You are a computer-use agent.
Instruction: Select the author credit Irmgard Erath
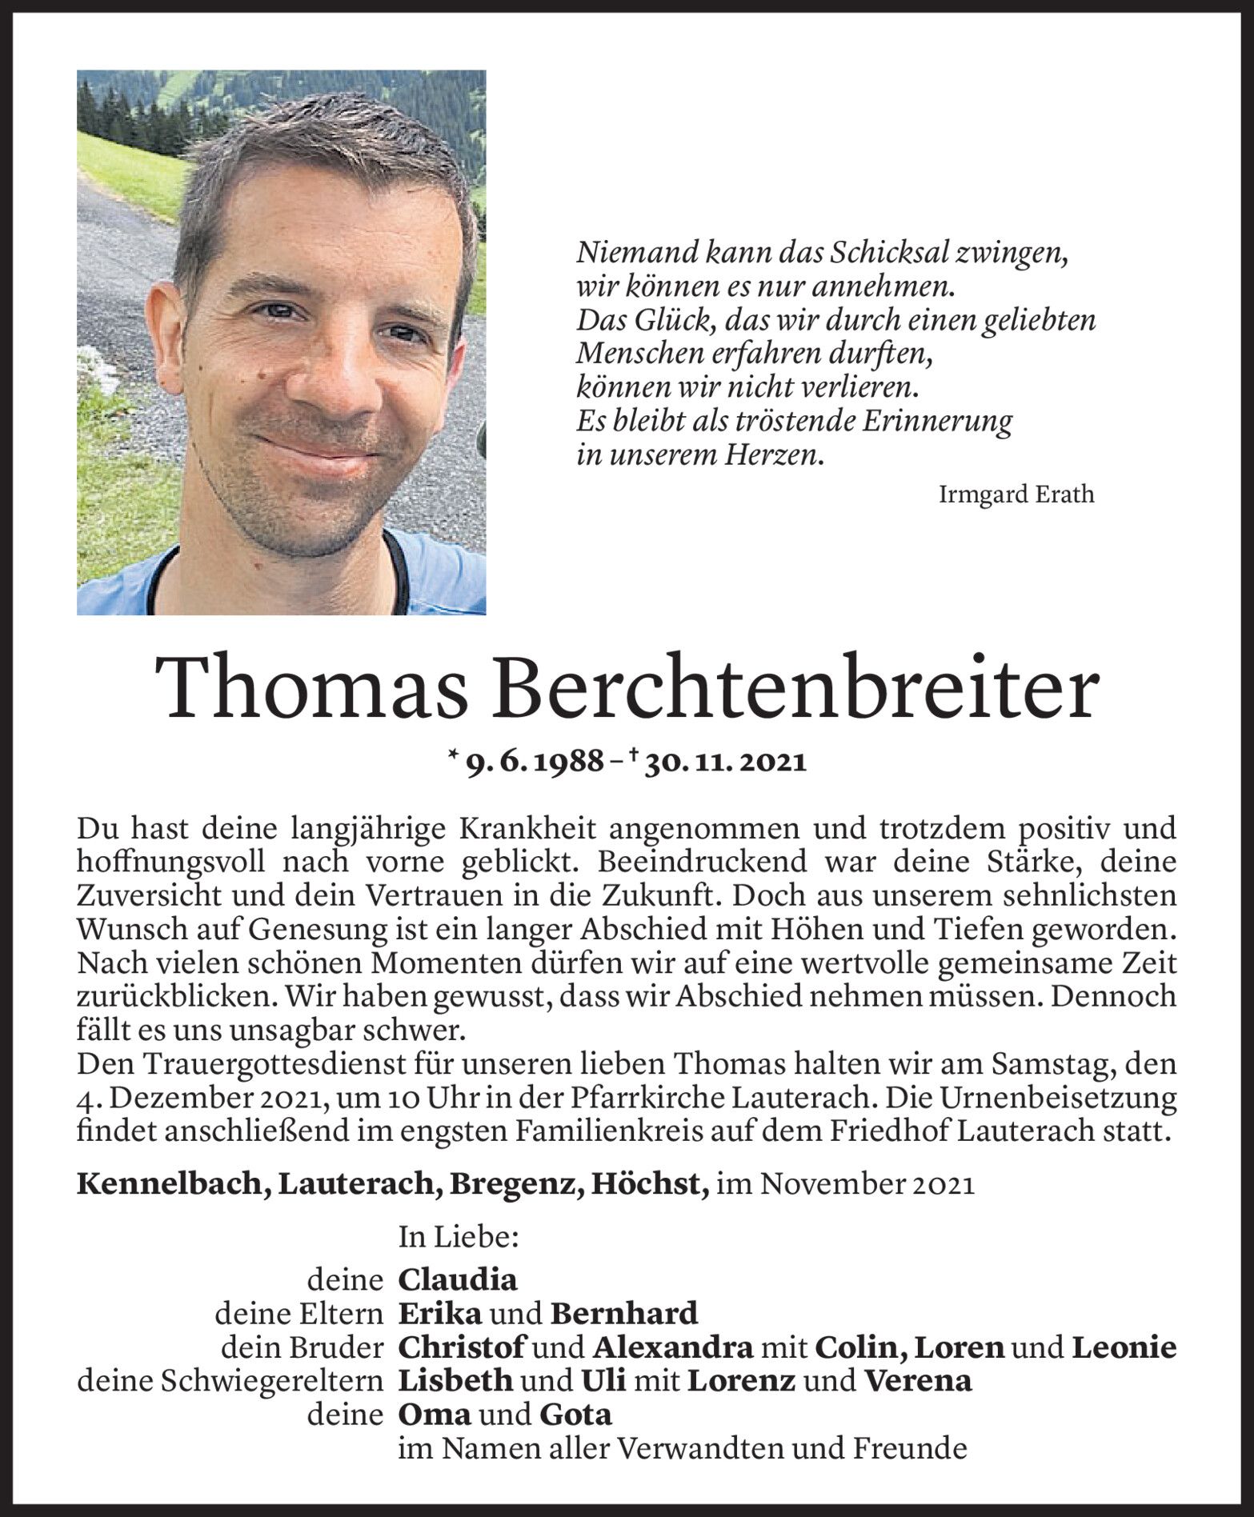(1016, 494)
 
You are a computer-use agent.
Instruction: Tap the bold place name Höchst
(649, 1184)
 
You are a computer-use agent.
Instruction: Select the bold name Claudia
(458, 1279)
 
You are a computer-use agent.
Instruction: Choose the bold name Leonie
(1124, 1347)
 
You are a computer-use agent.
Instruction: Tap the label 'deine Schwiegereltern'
(230, 1381)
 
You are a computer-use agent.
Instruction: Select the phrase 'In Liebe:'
(459, 1238)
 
